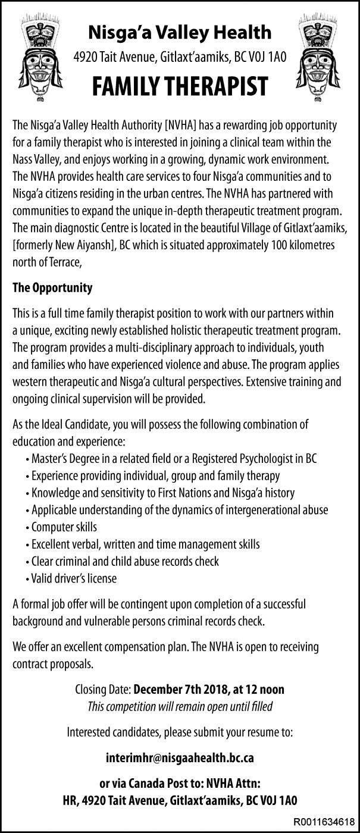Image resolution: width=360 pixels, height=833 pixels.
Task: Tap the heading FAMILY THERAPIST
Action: (180, 87)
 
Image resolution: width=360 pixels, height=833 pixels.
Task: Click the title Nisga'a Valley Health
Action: (180, 32)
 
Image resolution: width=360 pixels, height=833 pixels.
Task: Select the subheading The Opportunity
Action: (52, 288)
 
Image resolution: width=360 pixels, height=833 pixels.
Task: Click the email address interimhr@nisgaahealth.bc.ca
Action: (180, 759)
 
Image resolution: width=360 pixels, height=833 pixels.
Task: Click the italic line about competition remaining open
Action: (180, 707)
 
